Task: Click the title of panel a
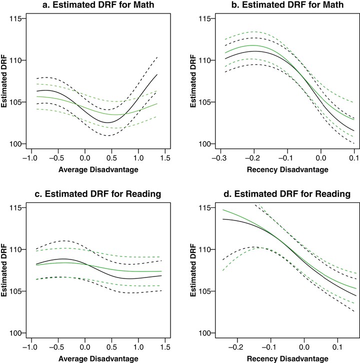(98, 4)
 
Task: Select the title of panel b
(287, 4)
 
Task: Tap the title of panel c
(97, 194)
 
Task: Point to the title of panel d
(287, 194)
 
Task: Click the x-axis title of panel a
(98, 169)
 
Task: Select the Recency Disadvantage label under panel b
(287, 169)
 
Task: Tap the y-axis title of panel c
(4, 270)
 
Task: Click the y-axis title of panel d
(193, 270)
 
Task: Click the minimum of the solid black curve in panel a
(108, 122)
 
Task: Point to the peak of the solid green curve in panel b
(253, 45)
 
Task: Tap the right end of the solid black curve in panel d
(356, 295)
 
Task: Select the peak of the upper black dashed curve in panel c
(63, 241)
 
